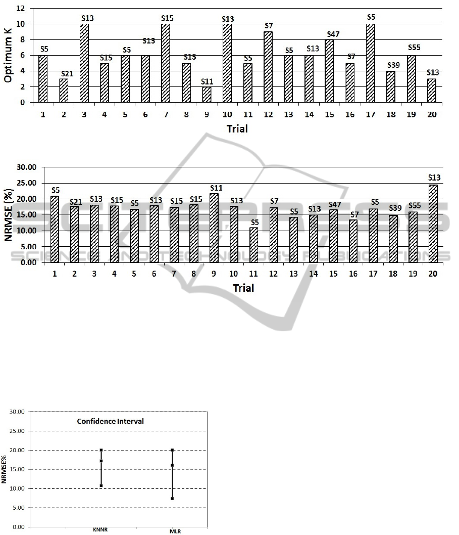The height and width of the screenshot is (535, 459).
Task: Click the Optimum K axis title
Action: click(x=9, y=56)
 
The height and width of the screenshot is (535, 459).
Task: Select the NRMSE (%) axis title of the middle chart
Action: click(x=9, y=214)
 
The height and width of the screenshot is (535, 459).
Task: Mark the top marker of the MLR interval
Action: click(x=172, y=450)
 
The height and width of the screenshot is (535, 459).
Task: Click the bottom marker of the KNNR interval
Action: click(x=101, y=485)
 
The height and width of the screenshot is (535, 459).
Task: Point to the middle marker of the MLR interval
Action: click(x=172, y=465)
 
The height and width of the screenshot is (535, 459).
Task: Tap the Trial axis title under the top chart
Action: click(x=237, y=129)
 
